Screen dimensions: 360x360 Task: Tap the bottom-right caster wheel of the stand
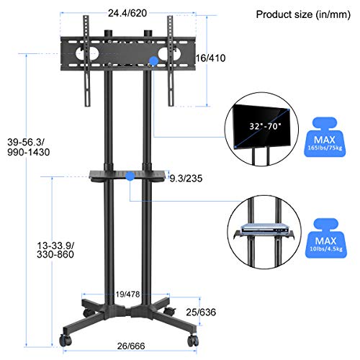(x=194, y=338)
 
